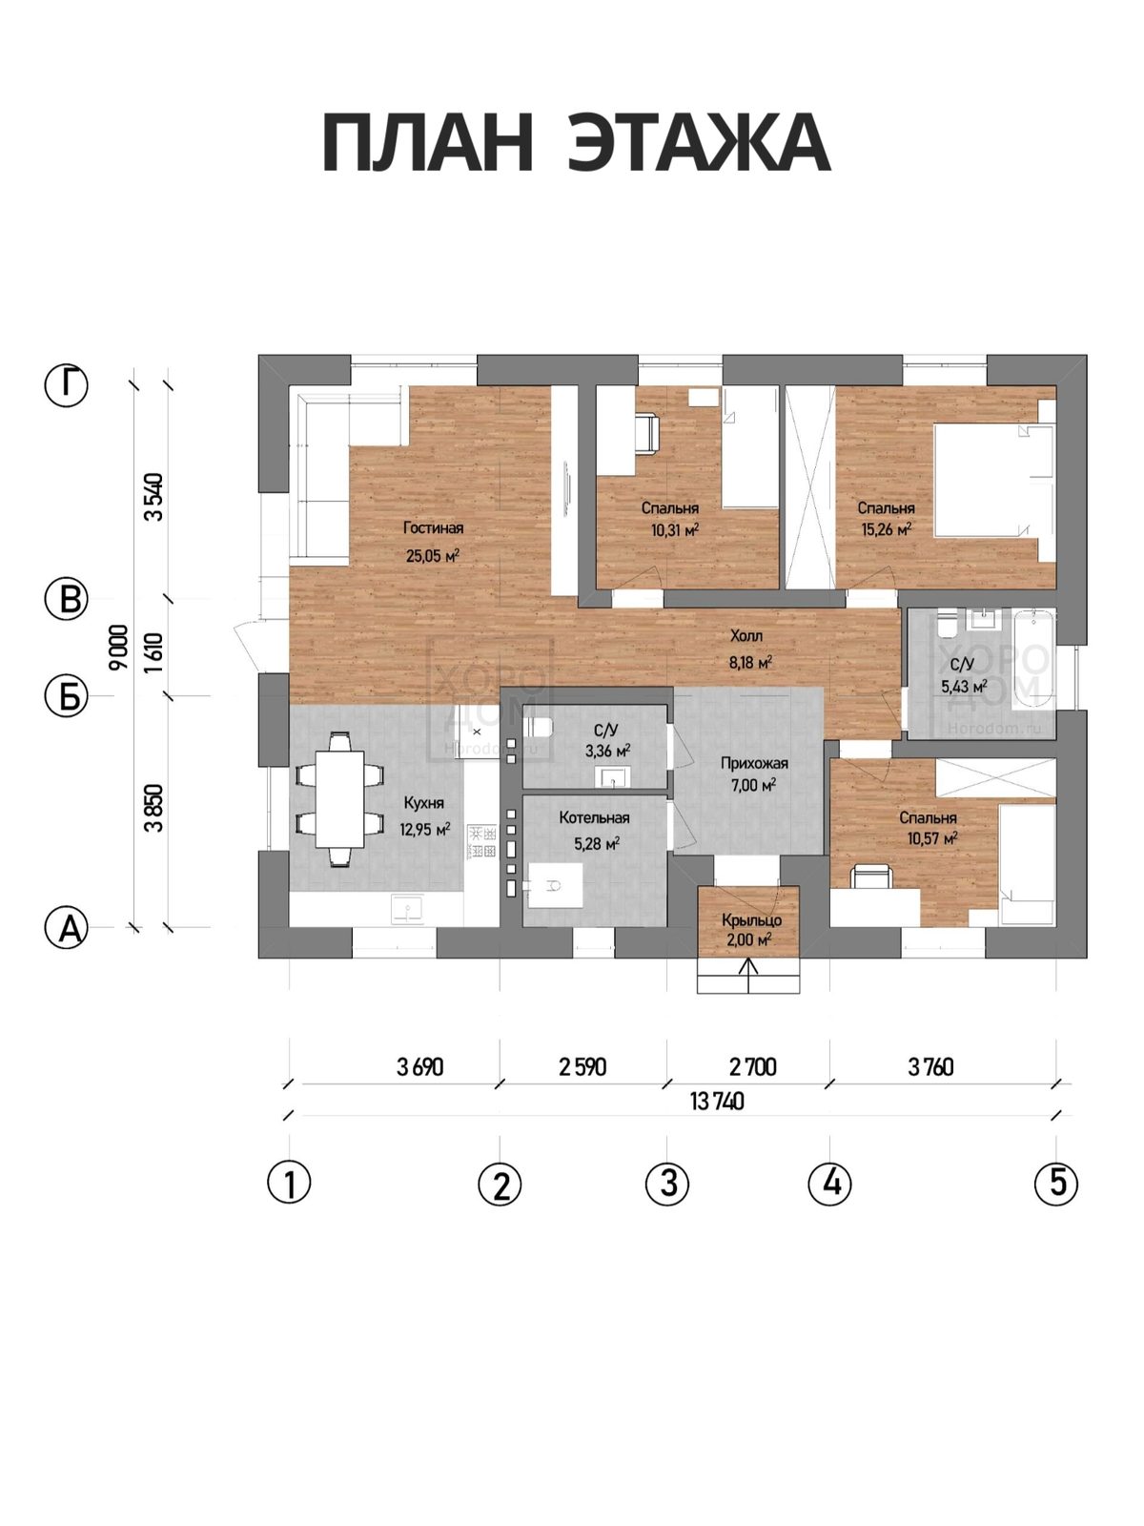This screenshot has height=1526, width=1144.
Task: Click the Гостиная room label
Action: pos(433,528)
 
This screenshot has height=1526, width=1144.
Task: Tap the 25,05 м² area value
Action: pos(433,555)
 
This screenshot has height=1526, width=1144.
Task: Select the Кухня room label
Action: pos(423,803)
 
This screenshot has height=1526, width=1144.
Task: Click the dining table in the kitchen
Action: pos(339,799)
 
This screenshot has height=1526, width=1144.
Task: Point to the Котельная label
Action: pos(594,817)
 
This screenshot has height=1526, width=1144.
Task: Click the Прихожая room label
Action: pos(754,763)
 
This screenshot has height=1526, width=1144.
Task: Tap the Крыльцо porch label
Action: pos(751,920)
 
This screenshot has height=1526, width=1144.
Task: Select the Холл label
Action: pos(746,635)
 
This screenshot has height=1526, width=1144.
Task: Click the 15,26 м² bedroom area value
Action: pos(887,529)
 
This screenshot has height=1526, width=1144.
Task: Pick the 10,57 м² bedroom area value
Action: pos(932,838)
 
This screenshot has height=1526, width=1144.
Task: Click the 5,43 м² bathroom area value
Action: pos(964,687)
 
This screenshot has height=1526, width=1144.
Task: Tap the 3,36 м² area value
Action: pos(608,751)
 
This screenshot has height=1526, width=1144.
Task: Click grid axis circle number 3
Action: pos(666,1183)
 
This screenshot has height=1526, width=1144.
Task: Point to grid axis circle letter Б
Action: pos(67,696)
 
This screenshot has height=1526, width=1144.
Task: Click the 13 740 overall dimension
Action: pos(717,1102)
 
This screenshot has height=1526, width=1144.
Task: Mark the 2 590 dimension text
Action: pos(582,1066)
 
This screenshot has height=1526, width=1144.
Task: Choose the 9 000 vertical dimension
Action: pos(119,647)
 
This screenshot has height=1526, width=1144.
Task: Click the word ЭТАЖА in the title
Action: pos(698,145)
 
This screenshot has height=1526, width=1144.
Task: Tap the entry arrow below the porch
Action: pos(748,976)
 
